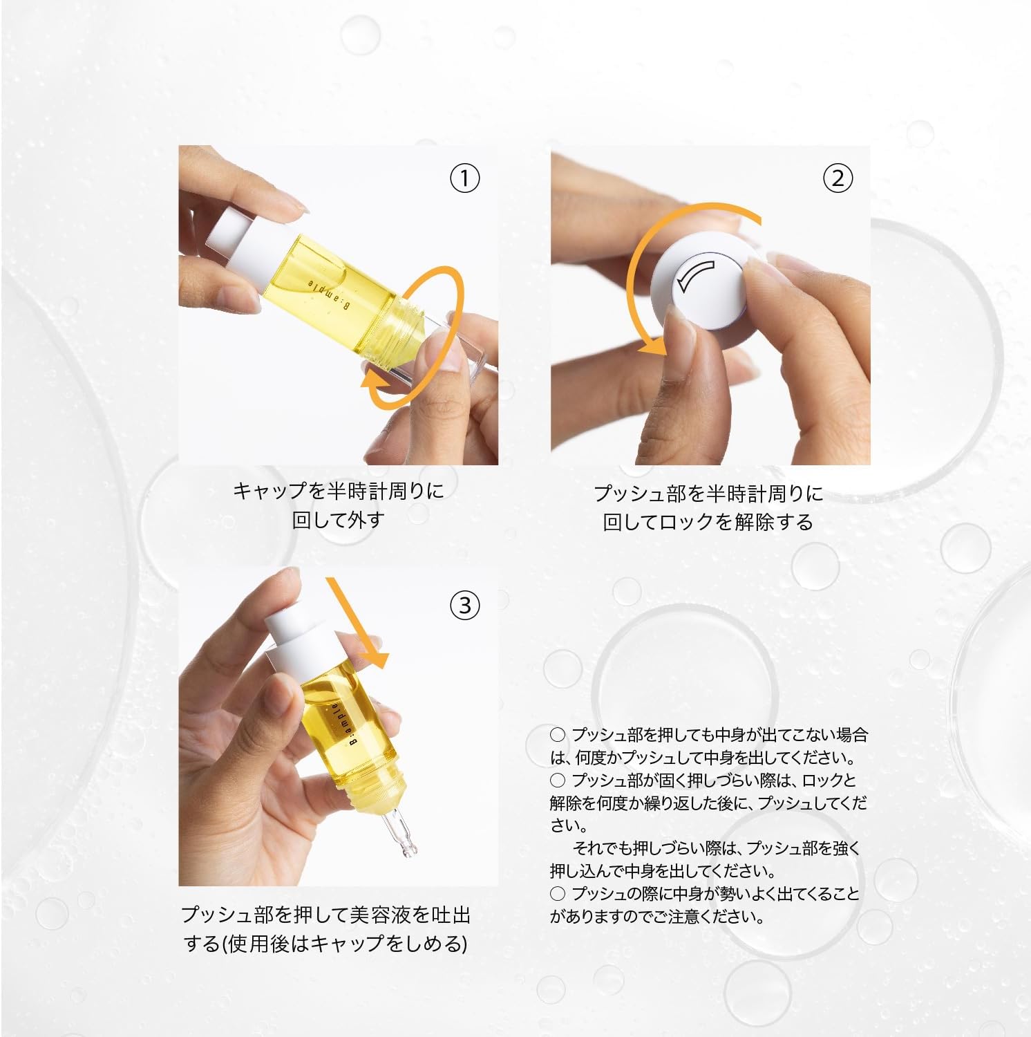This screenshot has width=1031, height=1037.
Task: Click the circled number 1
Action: point(464,179)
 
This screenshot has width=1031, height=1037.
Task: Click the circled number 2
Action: point(837,179)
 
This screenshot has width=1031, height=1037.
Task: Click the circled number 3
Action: point(464,606)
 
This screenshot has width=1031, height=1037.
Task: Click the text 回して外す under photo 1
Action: point(338,520)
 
